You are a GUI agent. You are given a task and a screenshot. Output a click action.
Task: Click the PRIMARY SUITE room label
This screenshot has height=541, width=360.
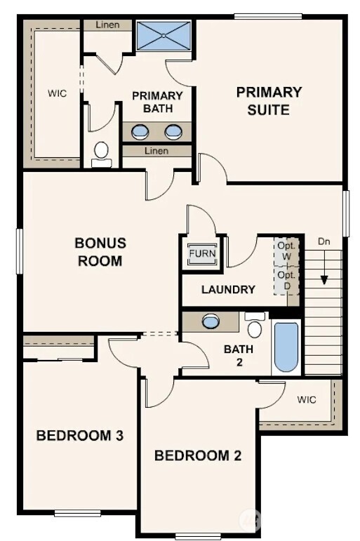click(x=268, y=100)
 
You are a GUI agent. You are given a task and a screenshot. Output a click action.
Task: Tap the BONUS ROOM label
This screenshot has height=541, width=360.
click(x=100, y=252)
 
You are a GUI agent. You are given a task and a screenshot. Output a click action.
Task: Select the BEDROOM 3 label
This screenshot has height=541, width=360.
click(x=79, y=436)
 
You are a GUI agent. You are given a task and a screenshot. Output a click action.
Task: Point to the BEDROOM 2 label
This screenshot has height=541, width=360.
click(x=197, y=456)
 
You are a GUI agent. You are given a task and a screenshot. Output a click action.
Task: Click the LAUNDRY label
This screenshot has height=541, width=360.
click(x=227, y=289)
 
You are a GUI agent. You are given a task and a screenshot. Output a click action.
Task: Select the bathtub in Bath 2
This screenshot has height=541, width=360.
click(x=286, y=347)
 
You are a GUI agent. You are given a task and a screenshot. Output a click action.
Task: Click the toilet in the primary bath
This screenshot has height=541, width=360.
click(x=102, y=152)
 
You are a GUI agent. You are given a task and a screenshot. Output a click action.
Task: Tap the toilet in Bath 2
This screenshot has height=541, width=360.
click(x=255, y=328)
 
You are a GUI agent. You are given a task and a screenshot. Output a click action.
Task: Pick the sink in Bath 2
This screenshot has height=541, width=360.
click(x=211, y=322)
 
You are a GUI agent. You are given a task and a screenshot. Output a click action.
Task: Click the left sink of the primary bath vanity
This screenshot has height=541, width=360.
click(x=140, y=131)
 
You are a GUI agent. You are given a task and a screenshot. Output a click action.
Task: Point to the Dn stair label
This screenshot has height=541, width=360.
click(x=324, y=241)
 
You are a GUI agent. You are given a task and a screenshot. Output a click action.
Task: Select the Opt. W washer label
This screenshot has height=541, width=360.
click(x=286, y=251)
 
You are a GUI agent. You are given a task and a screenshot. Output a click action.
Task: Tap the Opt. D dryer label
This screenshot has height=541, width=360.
click(x=286, y=280)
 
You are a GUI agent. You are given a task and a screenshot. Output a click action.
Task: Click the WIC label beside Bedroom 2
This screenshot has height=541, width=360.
click(x=307, y=400)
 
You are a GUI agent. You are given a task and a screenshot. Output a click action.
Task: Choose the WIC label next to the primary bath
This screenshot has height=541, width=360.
click(x=57, y=93)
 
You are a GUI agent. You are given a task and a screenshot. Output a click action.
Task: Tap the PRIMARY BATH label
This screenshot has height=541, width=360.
click(x=157, y=102)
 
